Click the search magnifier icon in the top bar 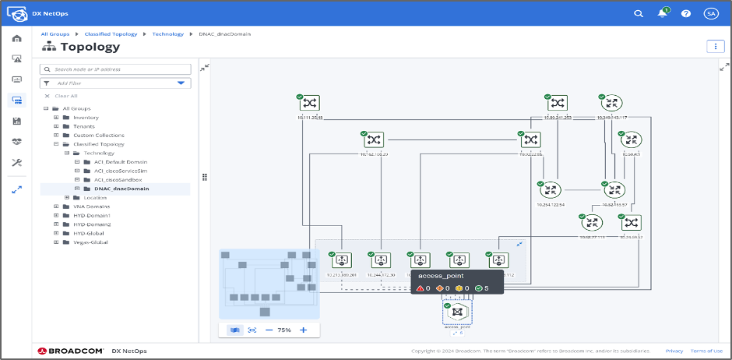pyautogui.click(x=639, y=13)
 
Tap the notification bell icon pyautogui.click(x=662, y=13)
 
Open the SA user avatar pyautogui.click(x=710, y=13)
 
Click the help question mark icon pyautogui.click(x=686, y=13)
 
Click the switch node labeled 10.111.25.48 pyautogui.click(x=310, y=104)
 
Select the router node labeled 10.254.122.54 pyautogui.click(x=550, y=189)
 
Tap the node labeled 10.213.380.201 pyautogui.click(x=341, y=260)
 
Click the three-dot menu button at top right pyautogui.click(x=715, y=46)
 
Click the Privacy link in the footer pyautogui.click(x=674, y=351)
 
